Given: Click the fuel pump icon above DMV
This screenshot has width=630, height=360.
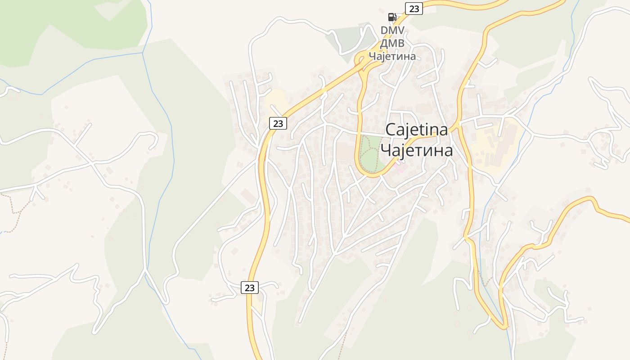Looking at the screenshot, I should click(392, 17).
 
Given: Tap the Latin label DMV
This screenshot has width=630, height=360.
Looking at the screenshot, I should click(392, 31).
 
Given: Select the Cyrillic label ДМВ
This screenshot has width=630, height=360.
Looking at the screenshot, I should click(392, 44).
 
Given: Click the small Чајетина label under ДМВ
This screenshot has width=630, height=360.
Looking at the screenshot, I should click(392, 56).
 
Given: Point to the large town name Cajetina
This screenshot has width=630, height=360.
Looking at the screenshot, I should click(417, 130).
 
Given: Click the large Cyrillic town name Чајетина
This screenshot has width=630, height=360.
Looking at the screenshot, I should click(417, 150).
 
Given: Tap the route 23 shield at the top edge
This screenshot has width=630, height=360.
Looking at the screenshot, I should click(414, 8).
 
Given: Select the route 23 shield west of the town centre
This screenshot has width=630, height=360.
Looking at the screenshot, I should click(278, 123).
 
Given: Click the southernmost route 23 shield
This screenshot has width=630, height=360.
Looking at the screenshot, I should click(250, 287).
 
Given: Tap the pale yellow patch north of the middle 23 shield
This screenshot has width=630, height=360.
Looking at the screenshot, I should click(276, 99).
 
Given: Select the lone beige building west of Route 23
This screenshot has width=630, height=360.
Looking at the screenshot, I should click(248, 196).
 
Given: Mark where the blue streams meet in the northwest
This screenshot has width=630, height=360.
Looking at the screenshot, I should click(143, 53).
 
